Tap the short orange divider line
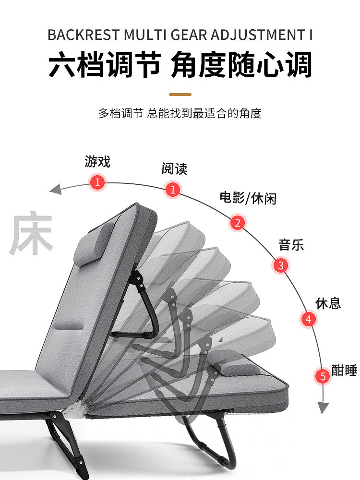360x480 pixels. pyautogui.click(x=180, y=95)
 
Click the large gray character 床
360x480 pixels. pyautogui.click(x=31, y=234)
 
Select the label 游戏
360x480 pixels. pyautogui.click(x=97, y=162)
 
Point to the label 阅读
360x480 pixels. pyautogui.click(x=174, y=168)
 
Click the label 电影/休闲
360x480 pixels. pyautogui.click(x=248, y=198)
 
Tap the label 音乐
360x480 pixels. pyautogui.click(x=291, y=245)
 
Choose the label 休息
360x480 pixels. pyautogui.click(x=328, y=303)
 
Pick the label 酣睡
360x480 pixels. pyautogui.click(x=344, y=370)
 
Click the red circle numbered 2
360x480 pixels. pyautogui.click(x=238, y=223)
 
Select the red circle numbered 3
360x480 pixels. pyautogui.click(x=281, y=265)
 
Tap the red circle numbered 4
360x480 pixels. pyautogui.click(x=309, y=319)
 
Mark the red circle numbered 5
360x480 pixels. pyautogui.click(x=323, y=376)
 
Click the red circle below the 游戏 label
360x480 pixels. pyautogui.click(x=97, y=182)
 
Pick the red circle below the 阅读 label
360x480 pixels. pyautogui.click(x=173, y=189)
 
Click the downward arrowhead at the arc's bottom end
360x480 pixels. pyautogui.click(x=324, y=408)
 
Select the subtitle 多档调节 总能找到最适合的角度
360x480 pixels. pyautogui.click(x=180, y=114)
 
